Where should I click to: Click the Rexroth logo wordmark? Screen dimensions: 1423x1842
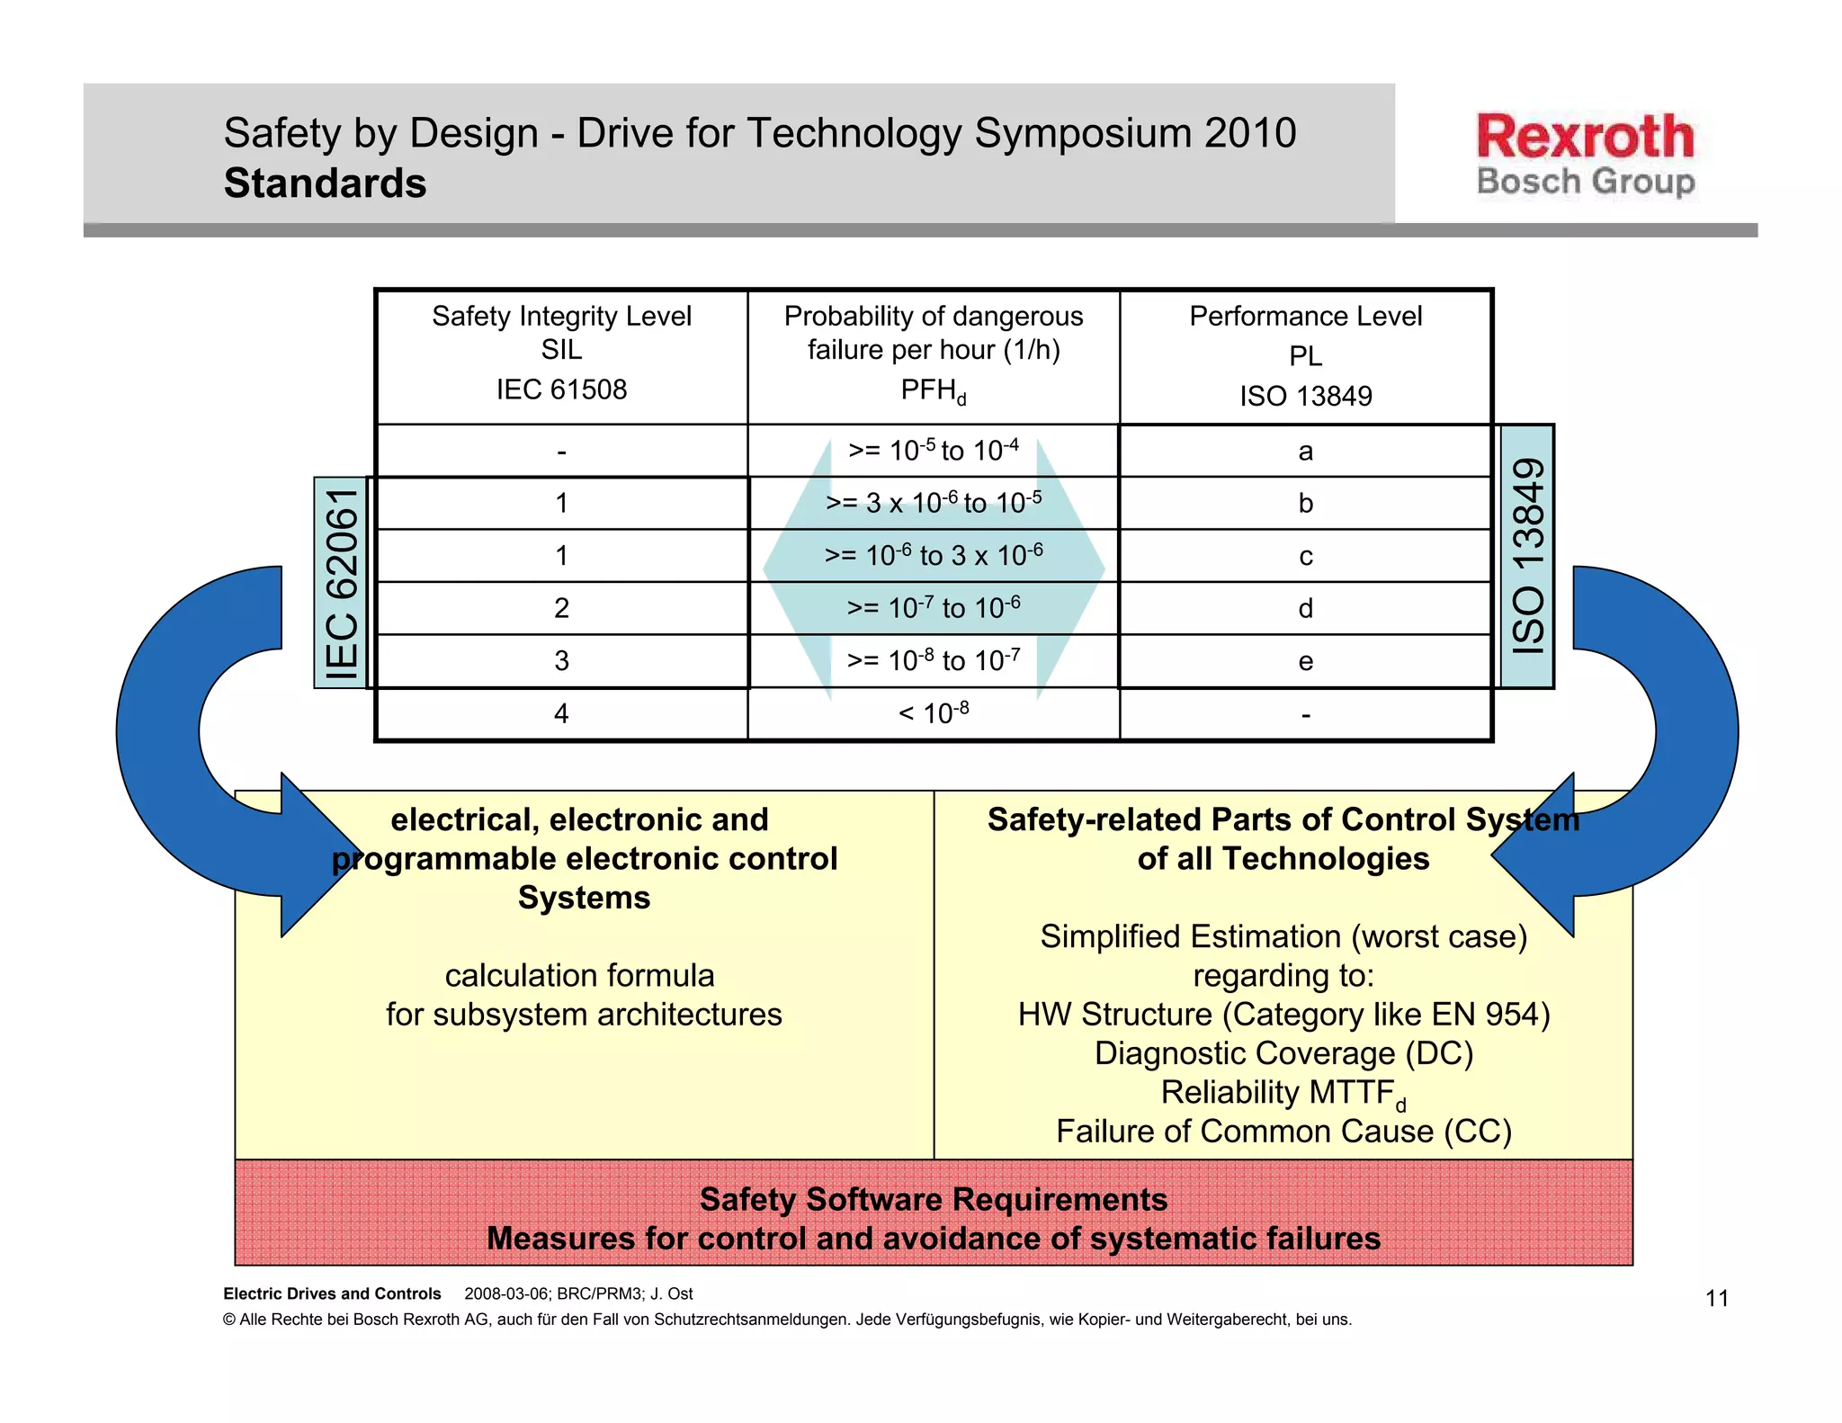[x=1585, y=137]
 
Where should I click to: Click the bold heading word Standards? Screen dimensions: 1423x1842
[x=325, y=183]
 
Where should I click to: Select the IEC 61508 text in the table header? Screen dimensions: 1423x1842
[x=561, y=389]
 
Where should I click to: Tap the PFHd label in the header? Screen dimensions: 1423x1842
[x=933, y=390]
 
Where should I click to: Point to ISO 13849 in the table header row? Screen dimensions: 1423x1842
[x=1305, y=396]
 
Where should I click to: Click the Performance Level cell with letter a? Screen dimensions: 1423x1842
[x=1305, y=451]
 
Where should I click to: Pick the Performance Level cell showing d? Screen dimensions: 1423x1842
[x=1305, y=609]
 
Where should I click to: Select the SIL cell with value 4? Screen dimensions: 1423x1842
[x=561, y=714]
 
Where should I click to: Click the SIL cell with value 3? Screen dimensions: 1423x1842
[x=561, y=661]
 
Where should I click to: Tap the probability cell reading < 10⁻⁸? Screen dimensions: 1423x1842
[x=933, y=713]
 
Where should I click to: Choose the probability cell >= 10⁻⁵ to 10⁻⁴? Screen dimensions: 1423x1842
[x=933, y=450]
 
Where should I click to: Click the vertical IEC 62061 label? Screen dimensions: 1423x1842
[x=342, y=584]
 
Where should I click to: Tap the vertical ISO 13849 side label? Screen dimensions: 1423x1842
[x=1527, y=556]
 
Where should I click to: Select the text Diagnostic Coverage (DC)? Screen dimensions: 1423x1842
[x=1283, y=1053]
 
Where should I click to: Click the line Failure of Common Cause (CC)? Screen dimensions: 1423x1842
[x=1283, y=1132]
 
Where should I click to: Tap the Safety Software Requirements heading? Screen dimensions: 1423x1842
[x=933, y=1199]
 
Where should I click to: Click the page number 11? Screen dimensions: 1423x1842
[x=1716, y=1298]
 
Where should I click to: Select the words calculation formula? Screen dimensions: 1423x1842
[x=579, y=975]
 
